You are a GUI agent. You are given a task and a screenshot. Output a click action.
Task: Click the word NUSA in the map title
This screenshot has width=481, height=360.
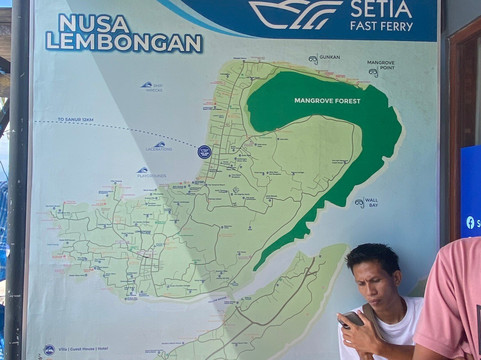coord(85,22)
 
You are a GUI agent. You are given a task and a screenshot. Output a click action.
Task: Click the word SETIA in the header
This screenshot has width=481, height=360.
coord(381,9)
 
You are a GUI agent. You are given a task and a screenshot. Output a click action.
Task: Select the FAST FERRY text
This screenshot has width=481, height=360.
coord(381,26)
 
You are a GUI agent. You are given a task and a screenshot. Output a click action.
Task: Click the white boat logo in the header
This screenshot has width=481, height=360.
coord(296,13)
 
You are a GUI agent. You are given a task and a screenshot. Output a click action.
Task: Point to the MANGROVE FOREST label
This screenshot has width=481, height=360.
coord(326,101)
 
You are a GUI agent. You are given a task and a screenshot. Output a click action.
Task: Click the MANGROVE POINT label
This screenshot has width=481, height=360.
coord(381,64)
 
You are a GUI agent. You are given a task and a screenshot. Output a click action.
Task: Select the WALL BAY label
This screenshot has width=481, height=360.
coord(371,202)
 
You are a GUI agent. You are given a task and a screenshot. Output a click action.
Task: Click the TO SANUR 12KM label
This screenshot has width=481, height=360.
coord(74,119)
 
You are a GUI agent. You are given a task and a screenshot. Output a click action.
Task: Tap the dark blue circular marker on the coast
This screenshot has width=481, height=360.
coord(204,152)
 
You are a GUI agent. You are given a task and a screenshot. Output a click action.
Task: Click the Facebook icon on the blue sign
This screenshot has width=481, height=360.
coord(470,222)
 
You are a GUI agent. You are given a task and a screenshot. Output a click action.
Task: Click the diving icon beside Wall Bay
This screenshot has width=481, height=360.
coord(358,203)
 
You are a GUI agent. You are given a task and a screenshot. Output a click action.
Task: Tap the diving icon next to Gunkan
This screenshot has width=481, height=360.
coord(313,60)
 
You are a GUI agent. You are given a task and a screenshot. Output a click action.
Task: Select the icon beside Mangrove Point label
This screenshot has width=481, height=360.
coord(372,73)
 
